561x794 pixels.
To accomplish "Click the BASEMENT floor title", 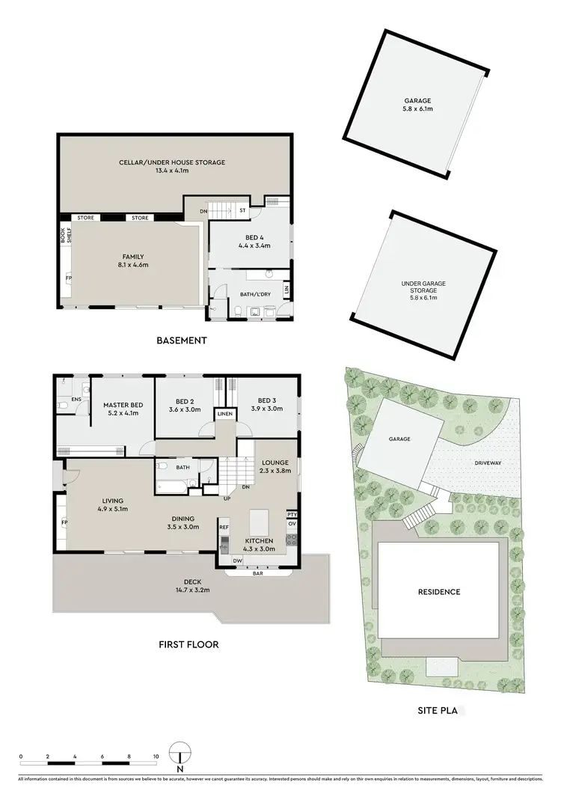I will click(181, 340).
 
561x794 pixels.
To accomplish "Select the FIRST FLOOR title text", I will click(188, 644).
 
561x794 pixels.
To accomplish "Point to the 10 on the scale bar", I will click(156, 757).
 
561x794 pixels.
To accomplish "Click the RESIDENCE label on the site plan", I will click(440, 591).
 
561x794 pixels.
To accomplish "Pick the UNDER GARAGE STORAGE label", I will click(423, 288).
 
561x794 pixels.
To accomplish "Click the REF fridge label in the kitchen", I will click(224, 527).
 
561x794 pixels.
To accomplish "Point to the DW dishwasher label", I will click(237, 560).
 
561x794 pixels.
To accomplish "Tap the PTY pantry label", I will click(291, 514).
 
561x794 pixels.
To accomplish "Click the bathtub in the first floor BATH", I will click(171, 487).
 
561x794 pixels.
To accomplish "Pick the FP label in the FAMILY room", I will click(69, 278).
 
